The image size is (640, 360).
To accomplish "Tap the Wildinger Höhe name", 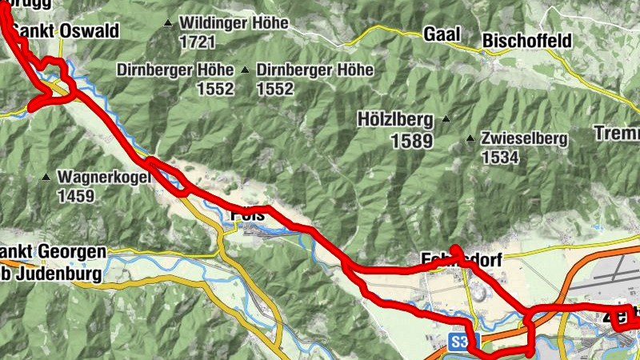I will point(234,23).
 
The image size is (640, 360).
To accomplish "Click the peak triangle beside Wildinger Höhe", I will point(167,23).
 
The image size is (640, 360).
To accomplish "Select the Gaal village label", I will point(441,35).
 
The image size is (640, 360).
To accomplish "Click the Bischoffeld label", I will point(526,40).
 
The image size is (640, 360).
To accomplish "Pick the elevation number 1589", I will point(411,142).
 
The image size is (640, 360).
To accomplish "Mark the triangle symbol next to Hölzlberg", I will point(446,121).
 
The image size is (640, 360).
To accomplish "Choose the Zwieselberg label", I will point(524,138).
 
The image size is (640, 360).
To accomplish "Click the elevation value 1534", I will point(501,158).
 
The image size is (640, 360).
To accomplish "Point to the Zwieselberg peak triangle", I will point(470,138).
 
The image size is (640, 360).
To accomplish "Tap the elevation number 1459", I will point(75,195).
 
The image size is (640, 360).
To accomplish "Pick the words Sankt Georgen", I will point(53,252).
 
